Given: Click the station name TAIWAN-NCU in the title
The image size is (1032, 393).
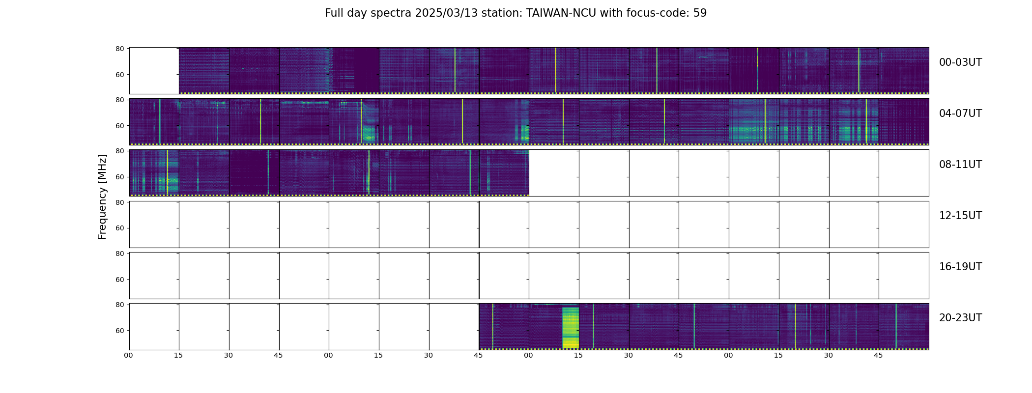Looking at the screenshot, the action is [561, 13].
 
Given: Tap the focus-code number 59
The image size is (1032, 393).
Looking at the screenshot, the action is [700, 13].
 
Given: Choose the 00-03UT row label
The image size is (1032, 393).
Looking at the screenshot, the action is [960, 62].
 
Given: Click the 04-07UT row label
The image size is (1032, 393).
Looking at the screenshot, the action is [960, 113].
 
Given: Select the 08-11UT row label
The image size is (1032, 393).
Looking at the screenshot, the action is [960, 165].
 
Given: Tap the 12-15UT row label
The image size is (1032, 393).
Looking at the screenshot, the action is [960, 216].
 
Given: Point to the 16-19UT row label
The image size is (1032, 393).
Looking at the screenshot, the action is [960, 267].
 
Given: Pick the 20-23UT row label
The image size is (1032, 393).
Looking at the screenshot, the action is [960, 318].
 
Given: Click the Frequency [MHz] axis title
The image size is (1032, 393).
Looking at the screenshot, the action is [102, 196].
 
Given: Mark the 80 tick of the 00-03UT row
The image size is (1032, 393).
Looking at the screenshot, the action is [119, 49].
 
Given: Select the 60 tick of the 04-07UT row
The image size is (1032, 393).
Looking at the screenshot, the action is [119, 126].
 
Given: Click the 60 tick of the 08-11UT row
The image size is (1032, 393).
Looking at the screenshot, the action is [119, 177].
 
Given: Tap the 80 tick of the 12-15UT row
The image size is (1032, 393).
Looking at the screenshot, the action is [119, 202].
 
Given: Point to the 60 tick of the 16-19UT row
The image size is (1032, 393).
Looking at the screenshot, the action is [119, 280].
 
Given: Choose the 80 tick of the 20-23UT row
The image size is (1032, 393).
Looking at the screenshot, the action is [119, 305].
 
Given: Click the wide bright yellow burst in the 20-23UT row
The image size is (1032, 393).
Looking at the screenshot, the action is [571, 328].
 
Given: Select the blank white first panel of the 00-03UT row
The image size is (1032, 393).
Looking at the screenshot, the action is [154, 71].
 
